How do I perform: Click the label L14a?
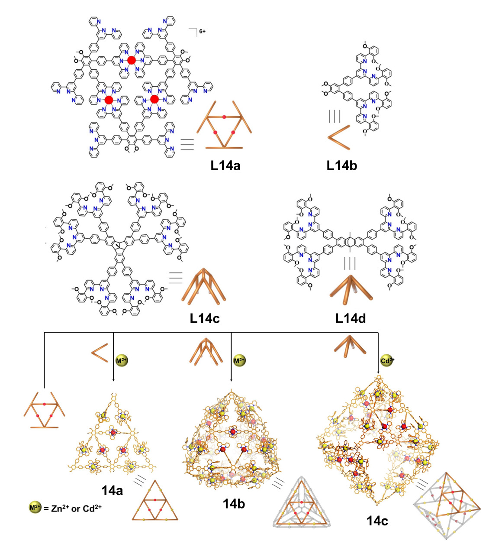tap(225, 165)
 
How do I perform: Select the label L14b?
tap(341, 165)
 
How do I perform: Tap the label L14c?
tap(205, 318)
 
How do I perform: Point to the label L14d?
tap(351, 318)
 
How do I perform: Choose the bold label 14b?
tap(234, 503)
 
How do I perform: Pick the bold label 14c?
tap(377, 521)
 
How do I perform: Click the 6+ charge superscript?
tap(202, 31)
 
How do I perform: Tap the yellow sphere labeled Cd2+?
tap(387, 360)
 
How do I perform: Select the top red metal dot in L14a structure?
tap(132, 60)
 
